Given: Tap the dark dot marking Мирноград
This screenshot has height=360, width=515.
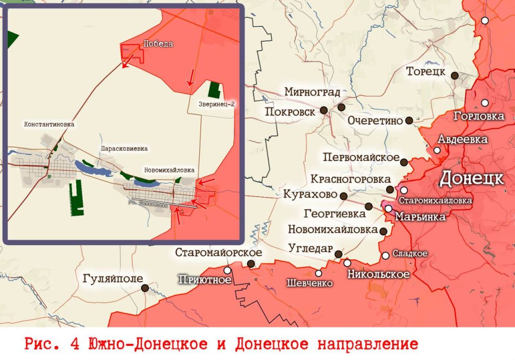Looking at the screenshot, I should coord(341,107).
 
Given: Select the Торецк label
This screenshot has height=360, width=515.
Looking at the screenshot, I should coord(426,72).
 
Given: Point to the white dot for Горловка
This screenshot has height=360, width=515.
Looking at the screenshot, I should coord(485,103).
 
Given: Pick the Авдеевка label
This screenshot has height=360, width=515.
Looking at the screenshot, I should coord(463,139).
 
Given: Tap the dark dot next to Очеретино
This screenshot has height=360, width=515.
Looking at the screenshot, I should coord(409,120).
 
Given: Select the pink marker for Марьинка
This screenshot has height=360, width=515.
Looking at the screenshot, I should coord(388,209).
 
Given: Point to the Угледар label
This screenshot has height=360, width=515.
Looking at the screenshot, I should coord(311,248).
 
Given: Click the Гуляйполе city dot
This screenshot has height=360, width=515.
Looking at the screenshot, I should coord(145,288).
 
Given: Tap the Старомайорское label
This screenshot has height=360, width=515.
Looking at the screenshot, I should coord(218,252).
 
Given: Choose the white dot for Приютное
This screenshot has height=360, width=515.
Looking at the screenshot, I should coord(227,271).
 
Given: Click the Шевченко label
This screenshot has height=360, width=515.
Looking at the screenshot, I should coord(309,283).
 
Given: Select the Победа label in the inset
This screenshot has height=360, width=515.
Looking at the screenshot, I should coord(158,44).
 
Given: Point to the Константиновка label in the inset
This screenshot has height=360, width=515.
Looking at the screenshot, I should coord(49,124).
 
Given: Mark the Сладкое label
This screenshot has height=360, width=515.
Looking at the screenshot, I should coord(409,254).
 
